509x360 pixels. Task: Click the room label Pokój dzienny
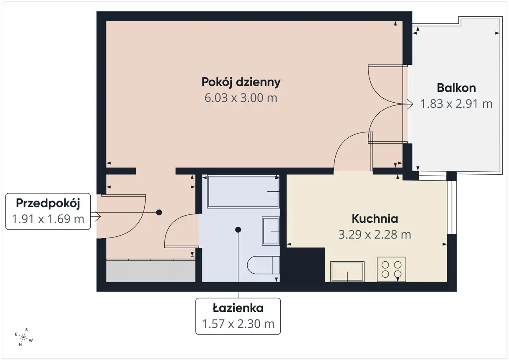click(x=241, y=82)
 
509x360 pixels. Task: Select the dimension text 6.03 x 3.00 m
click(x=241, y=98)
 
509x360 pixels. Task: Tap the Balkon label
click(x=456, y=88)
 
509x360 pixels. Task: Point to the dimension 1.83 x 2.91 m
click(x=456, y=104)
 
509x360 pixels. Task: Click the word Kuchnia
click(x=375, y=219)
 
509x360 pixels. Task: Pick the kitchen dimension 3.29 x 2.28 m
click(x=375, y=235)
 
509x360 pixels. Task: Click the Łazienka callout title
click(x=238, y=308)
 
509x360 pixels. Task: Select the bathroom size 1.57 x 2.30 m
click(x=238, y=324)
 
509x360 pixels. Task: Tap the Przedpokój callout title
click(x=48, y=203)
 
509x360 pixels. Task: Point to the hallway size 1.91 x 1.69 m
click(x=48, y=219)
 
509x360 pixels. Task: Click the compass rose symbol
click(x=23, y=337)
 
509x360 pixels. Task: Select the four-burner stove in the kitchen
click(x=391, y=269)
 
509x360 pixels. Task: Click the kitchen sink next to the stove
click(x=347, y=272)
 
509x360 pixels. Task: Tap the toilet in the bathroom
click(x=263, y=265)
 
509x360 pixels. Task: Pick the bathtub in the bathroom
click(x=243, y=192)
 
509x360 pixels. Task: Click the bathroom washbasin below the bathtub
click(x=271, y=231)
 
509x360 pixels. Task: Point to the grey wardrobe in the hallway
click(x=151, y=270)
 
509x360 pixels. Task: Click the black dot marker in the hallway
click(x=159, y=212)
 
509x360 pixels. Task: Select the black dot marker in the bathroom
click(x=238, y=230)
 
